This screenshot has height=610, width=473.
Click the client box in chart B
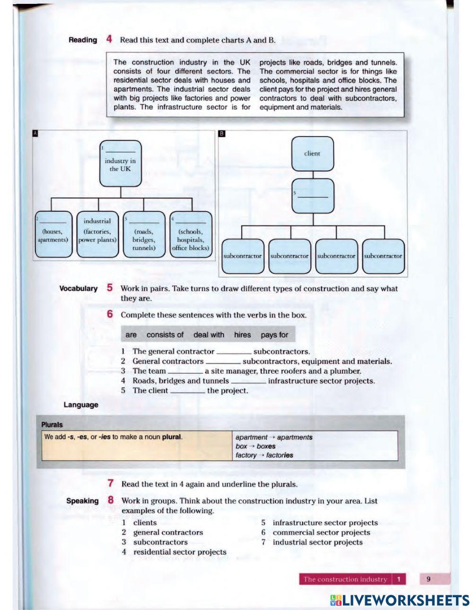(x=312, y=154)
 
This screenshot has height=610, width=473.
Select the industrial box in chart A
(x=97, y=234)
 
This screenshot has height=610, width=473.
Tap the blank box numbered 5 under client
(x=313, y=196)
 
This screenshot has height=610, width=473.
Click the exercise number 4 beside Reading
(x=109, y=40)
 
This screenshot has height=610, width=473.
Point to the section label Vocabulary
(x=79, y=288)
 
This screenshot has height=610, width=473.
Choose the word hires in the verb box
(x=242, y=335)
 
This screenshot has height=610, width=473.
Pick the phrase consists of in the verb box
(x=165, y=335)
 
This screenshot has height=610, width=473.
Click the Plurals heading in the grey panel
(x=52, y=424)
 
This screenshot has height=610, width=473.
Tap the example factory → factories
(x=264, y=455)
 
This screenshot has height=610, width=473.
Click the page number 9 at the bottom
(x=429, y=579)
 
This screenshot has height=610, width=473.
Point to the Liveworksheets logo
(x=400, y=600)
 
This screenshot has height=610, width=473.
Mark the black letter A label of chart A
(x=35, y=134)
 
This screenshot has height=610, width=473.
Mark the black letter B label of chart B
(x=222, y=134)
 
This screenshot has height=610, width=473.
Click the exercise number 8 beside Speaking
(x=110, y=500)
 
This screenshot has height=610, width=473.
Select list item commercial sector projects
(x=321, y=533)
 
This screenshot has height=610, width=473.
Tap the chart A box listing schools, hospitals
(x=191, y=234)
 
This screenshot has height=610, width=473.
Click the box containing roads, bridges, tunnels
(x=144, y=234)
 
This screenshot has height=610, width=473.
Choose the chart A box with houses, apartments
(x=53, y=234)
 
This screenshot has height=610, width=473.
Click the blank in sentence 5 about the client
(x=187, y=391)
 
